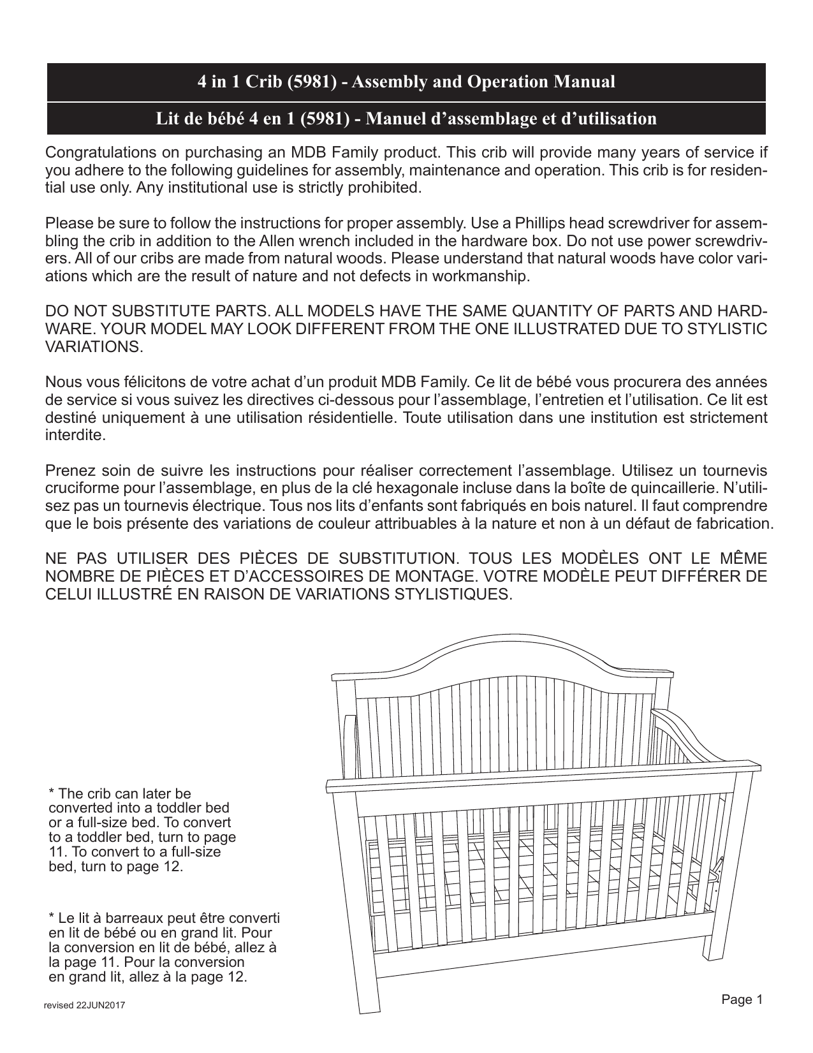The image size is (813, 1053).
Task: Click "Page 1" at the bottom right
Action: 742,999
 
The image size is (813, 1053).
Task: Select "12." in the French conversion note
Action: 235,977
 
